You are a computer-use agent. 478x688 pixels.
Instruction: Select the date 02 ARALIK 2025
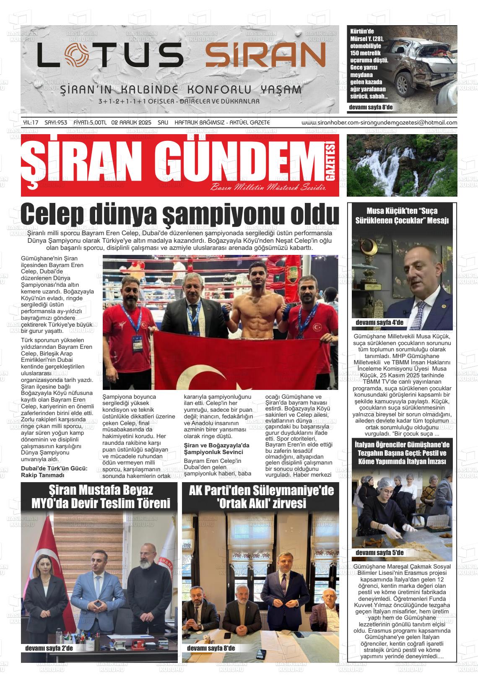(131, 122)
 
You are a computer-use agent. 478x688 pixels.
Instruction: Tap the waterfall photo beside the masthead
(402, 165)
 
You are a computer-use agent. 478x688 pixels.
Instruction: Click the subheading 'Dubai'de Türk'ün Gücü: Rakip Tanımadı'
(54, 471)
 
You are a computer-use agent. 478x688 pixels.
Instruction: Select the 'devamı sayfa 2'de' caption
(49, 648)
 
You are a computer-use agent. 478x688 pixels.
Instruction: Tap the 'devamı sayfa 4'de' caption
(379, 322)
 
